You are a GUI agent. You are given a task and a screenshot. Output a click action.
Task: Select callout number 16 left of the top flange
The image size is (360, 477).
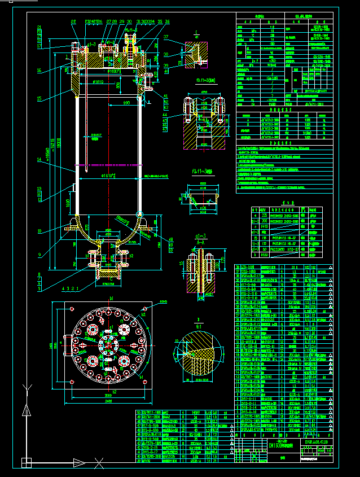tap(39, 71)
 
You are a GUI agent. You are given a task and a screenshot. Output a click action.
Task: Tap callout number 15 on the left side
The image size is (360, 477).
tap(39, 99)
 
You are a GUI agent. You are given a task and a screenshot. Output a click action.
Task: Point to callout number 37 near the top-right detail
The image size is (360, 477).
tap(166, 37)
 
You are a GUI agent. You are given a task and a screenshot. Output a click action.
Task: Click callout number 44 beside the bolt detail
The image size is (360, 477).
tap(165, 115)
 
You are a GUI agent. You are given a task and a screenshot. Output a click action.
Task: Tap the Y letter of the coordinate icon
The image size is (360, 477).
tap(25, 388)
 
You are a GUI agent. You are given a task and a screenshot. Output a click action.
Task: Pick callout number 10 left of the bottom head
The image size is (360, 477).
tap(39, 230)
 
